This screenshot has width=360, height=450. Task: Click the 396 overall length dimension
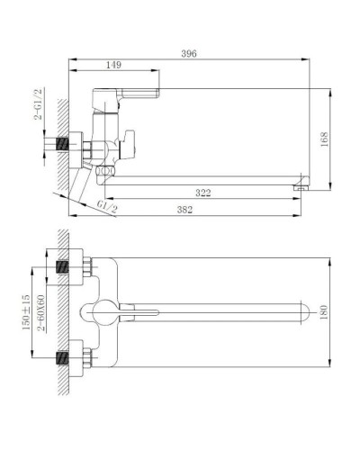[x=187, y=54]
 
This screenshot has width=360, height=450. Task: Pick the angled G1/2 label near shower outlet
[x=106, y=207]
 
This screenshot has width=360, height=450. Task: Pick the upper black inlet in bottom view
[x=63, y=266]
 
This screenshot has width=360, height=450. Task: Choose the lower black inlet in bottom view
[x=63, y=356]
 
